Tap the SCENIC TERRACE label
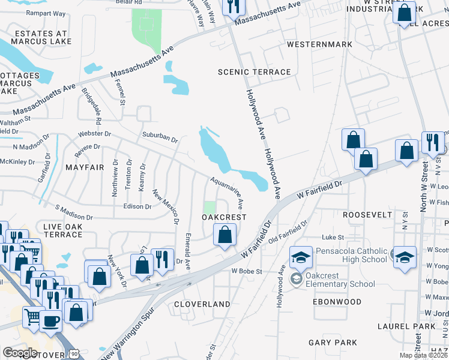254,72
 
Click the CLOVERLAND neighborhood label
202,304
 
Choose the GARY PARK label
333,343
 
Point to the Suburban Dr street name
160,136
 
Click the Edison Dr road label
137,206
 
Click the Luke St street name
331,238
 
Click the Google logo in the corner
20,353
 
